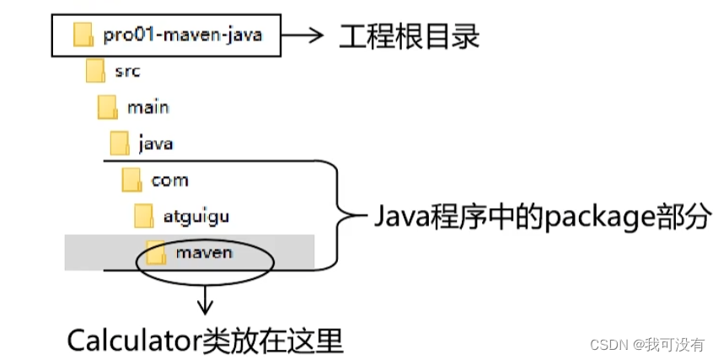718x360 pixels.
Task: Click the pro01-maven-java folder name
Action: (x=183, y=35)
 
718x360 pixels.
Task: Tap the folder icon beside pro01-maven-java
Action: (x=83, y=35)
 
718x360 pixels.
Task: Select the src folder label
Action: (x=127, y=71)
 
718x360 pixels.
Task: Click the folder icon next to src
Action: (x=94, y=71)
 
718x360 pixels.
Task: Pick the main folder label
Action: (x=147, y=107)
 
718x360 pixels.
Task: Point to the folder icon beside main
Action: (x=107, y=107)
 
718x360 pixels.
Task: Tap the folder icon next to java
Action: (x=120, y=143)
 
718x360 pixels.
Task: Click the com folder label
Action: (x=169, y=180)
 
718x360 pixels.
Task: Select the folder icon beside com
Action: (x=131, y=180)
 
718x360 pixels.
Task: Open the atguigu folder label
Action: (x=196, y=216)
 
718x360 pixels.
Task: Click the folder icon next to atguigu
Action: (x=144, y=216)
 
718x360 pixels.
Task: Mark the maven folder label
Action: (x=204, y=251)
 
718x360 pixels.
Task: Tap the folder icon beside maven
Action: (x=156, y=251)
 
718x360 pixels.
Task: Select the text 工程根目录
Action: (x=409, y=35)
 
